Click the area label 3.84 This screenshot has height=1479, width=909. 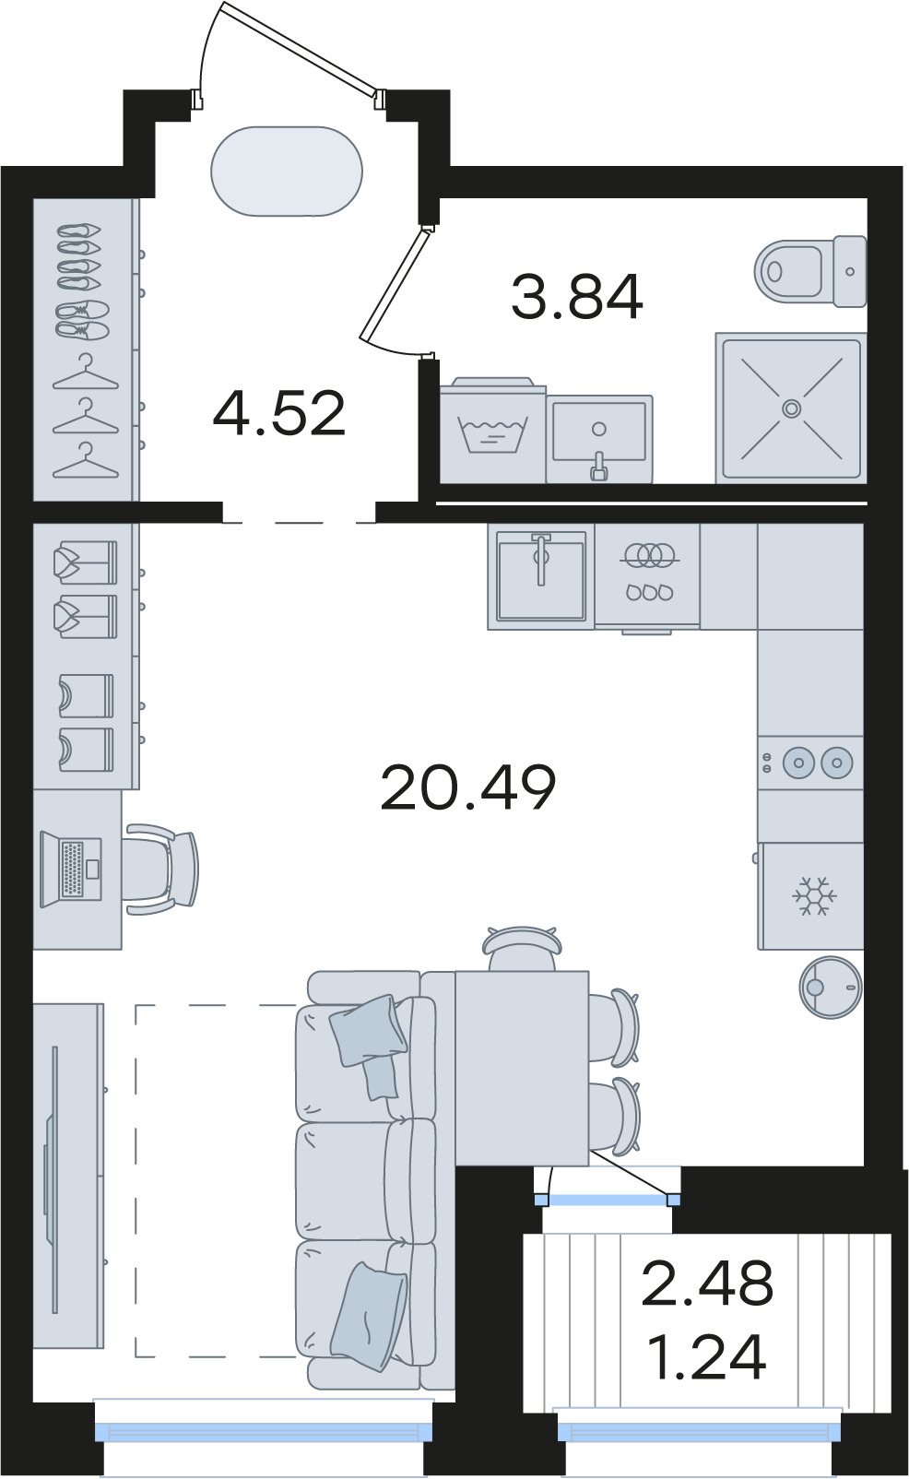[x=576, y=297]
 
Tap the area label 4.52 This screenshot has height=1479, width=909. [x=279, y=413]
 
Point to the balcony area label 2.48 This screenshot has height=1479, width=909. [x=706, y=1282]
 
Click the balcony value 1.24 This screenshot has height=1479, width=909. [x=706, y=1356]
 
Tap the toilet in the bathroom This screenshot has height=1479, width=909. [x=810, y=271]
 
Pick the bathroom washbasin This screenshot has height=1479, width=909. [x=599, y=438]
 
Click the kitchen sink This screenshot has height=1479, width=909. [x=541, y=575]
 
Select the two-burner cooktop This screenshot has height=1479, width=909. [x=810, y=762]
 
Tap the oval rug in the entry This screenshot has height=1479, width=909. [x=287, y=171]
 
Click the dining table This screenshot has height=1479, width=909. [x=522, y=1068]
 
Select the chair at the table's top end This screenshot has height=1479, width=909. [x=522, y=948]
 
